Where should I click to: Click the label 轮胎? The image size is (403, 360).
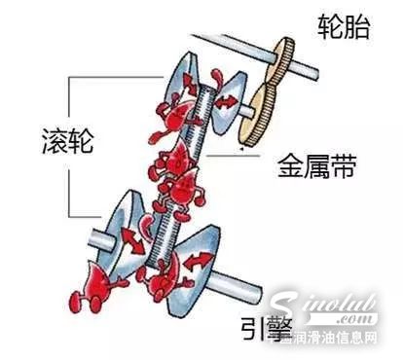(344, 28)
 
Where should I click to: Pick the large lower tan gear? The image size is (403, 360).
(259, 107)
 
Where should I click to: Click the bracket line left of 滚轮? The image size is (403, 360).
(68, 146)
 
